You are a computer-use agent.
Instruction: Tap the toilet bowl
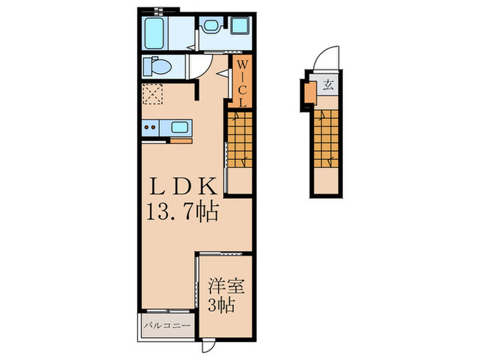point(157,67)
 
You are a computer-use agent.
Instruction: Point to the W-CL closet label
point(242,82)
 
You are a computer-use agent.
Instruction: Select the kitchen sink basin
point(181,127)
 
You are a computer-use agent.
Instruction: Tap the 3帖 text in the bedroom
point(221,304)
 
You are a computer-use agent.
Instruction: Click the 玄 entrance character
point(329,86)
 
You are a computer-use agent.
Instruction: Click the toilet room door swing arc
point(200,67)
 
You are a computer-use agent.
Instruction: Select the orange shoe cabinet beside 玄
point(311,90)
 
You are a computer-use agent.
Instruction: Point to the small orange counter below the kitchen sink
point(182,141)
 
